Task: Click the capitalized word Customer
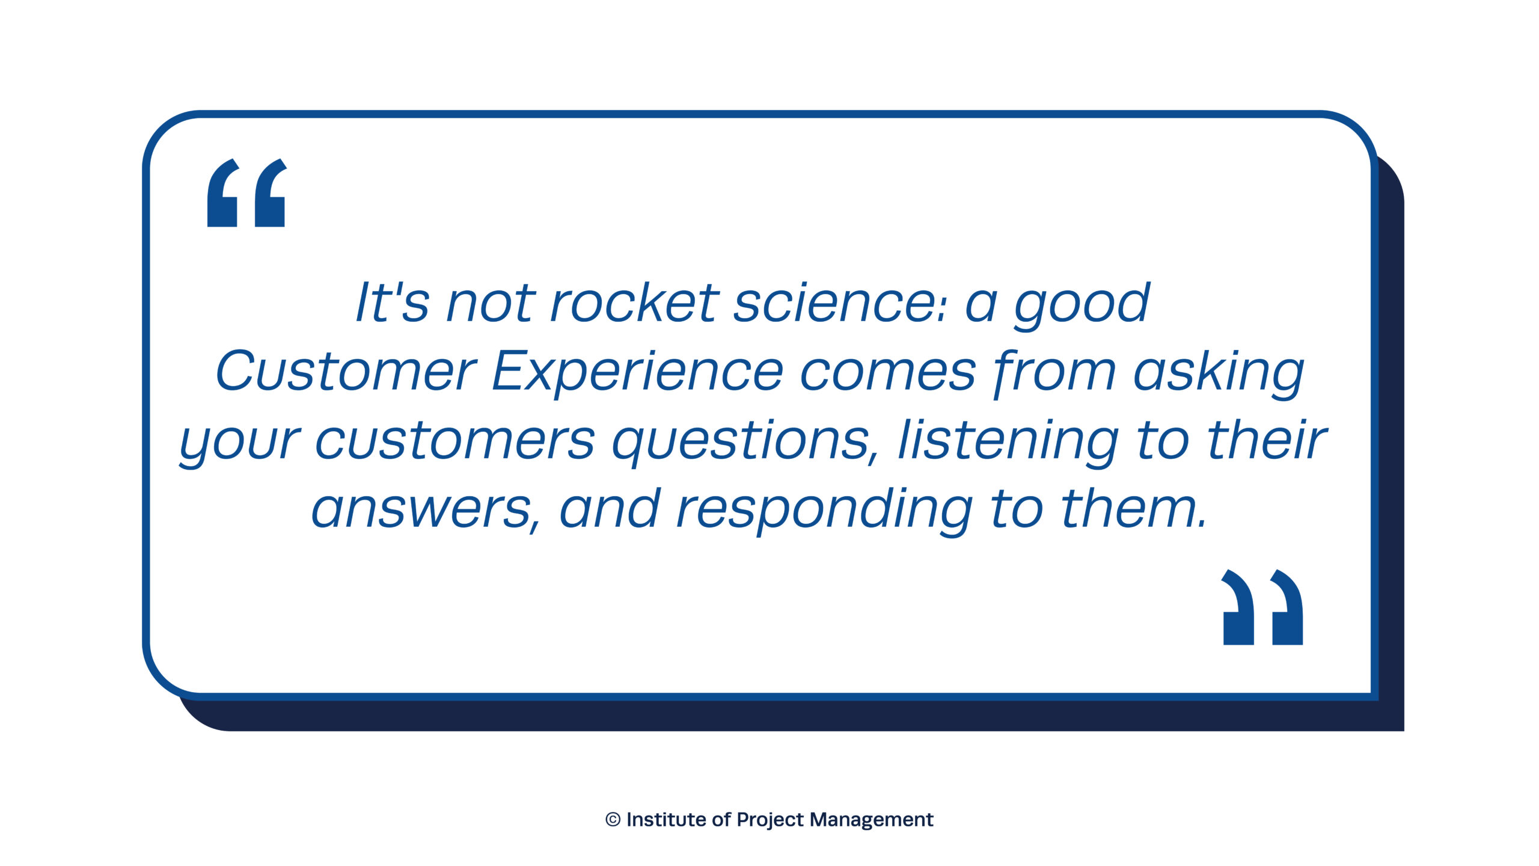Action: pos(346,371)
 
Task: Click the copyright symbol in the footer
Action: pos(613,820)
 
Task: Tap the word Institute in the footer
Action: pos(666,820)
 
